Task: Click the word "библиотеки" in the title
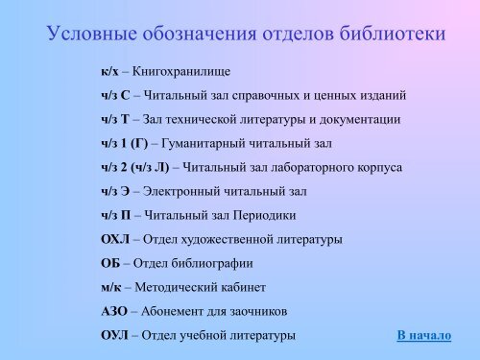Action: click(x=394, y=36)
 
